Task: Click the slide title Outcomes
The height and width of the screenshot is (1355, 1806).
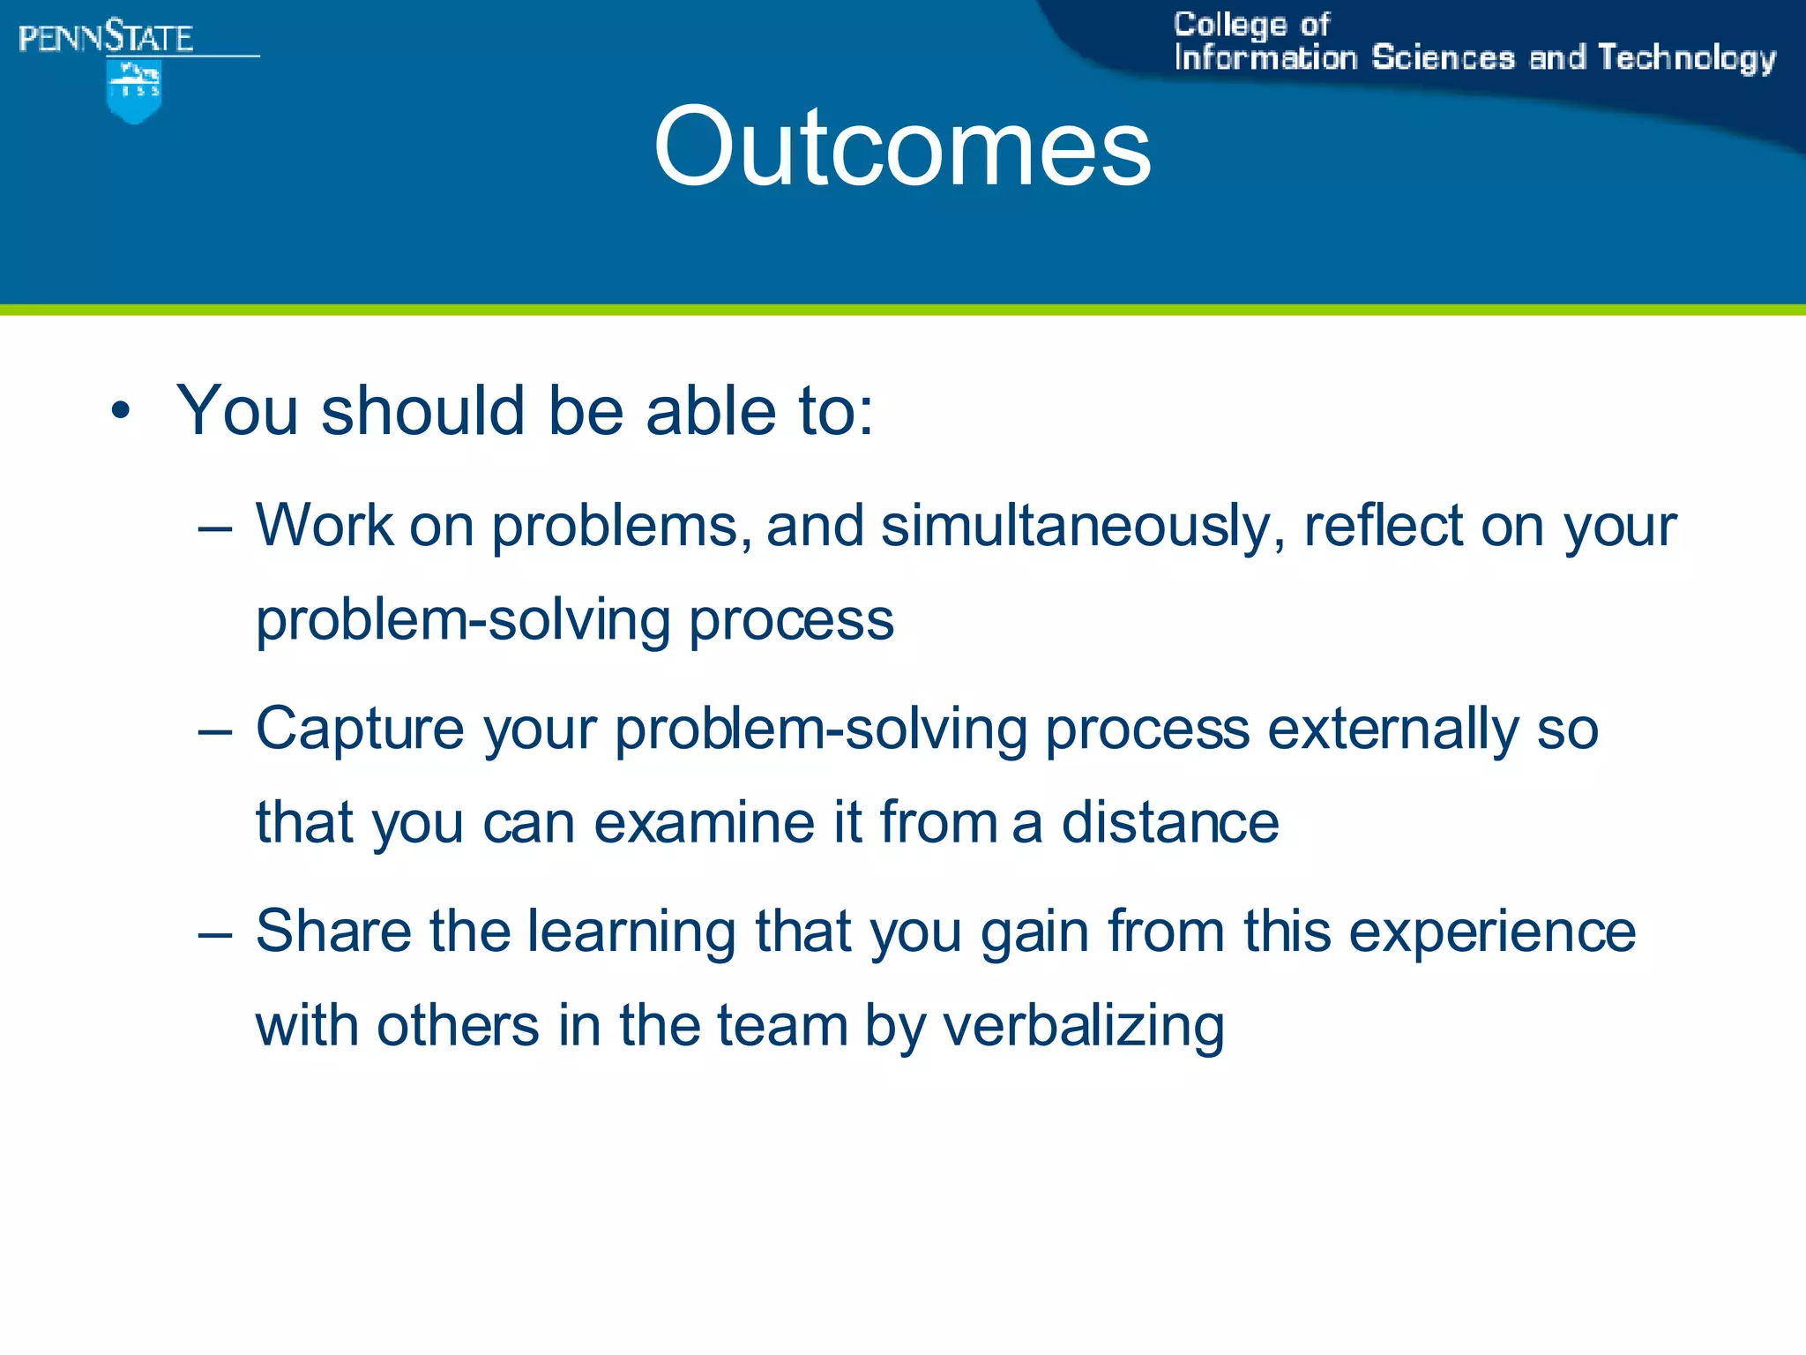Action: (x=901, y=146)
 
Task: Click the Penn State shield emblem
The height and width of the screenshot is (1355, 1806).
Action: (x=134, y=90)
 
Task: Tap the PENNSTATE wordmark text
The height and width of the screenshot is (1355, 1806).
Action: (x=106, y=38)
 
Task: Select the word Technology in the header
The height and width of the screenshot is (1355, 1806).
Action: (x=1686, y=58)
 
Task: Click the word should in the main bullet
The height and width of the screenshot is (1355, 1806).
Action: (x=423, y=411)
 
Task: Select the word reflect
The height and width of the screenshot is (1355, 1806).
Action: (x=1383, y=526)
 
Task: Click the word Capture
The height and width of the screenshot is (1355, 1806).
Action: (x=359, y=730)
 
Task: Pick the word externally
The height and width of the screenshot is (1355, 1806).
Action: (x=1392, y=730)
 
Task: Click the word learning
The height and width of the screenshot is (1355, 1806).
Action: (x=631, y=933)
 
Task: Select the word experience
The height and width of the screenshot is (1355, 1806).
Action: (x=1492, y=933)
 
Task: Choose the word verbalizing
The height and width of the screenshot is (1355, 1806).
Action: (x=1084, y=1028)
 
